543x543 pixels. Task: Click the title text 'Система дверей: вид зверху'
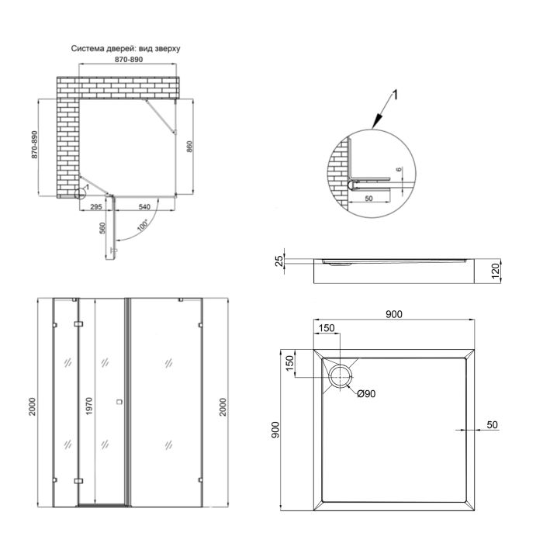point(126,48)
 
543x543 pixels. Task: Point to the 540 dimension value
point(144,207)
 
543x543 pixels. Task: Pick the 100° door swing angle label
point(142,227)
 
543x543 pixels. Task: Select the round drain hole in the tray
point(341,376)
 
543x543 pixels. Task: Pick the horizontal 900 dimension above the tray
point(394,314)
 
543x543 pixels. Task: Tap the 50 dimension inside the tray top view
point(493,424)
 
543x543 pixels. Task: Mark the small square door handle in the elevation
point(118,401)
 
